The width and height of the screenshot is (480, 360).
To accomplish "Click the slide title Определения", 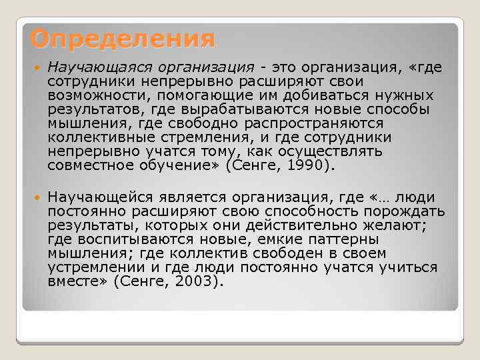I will (x=123, y=39).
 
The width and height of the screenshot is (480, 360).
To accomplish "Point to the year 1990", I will (x=308, y=165).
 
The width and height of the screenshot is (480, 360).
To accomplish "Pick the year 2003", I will (x=195, y=281).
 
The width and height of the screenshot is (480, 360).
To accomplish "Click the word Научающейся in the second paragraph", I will (x=99, y=197).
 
